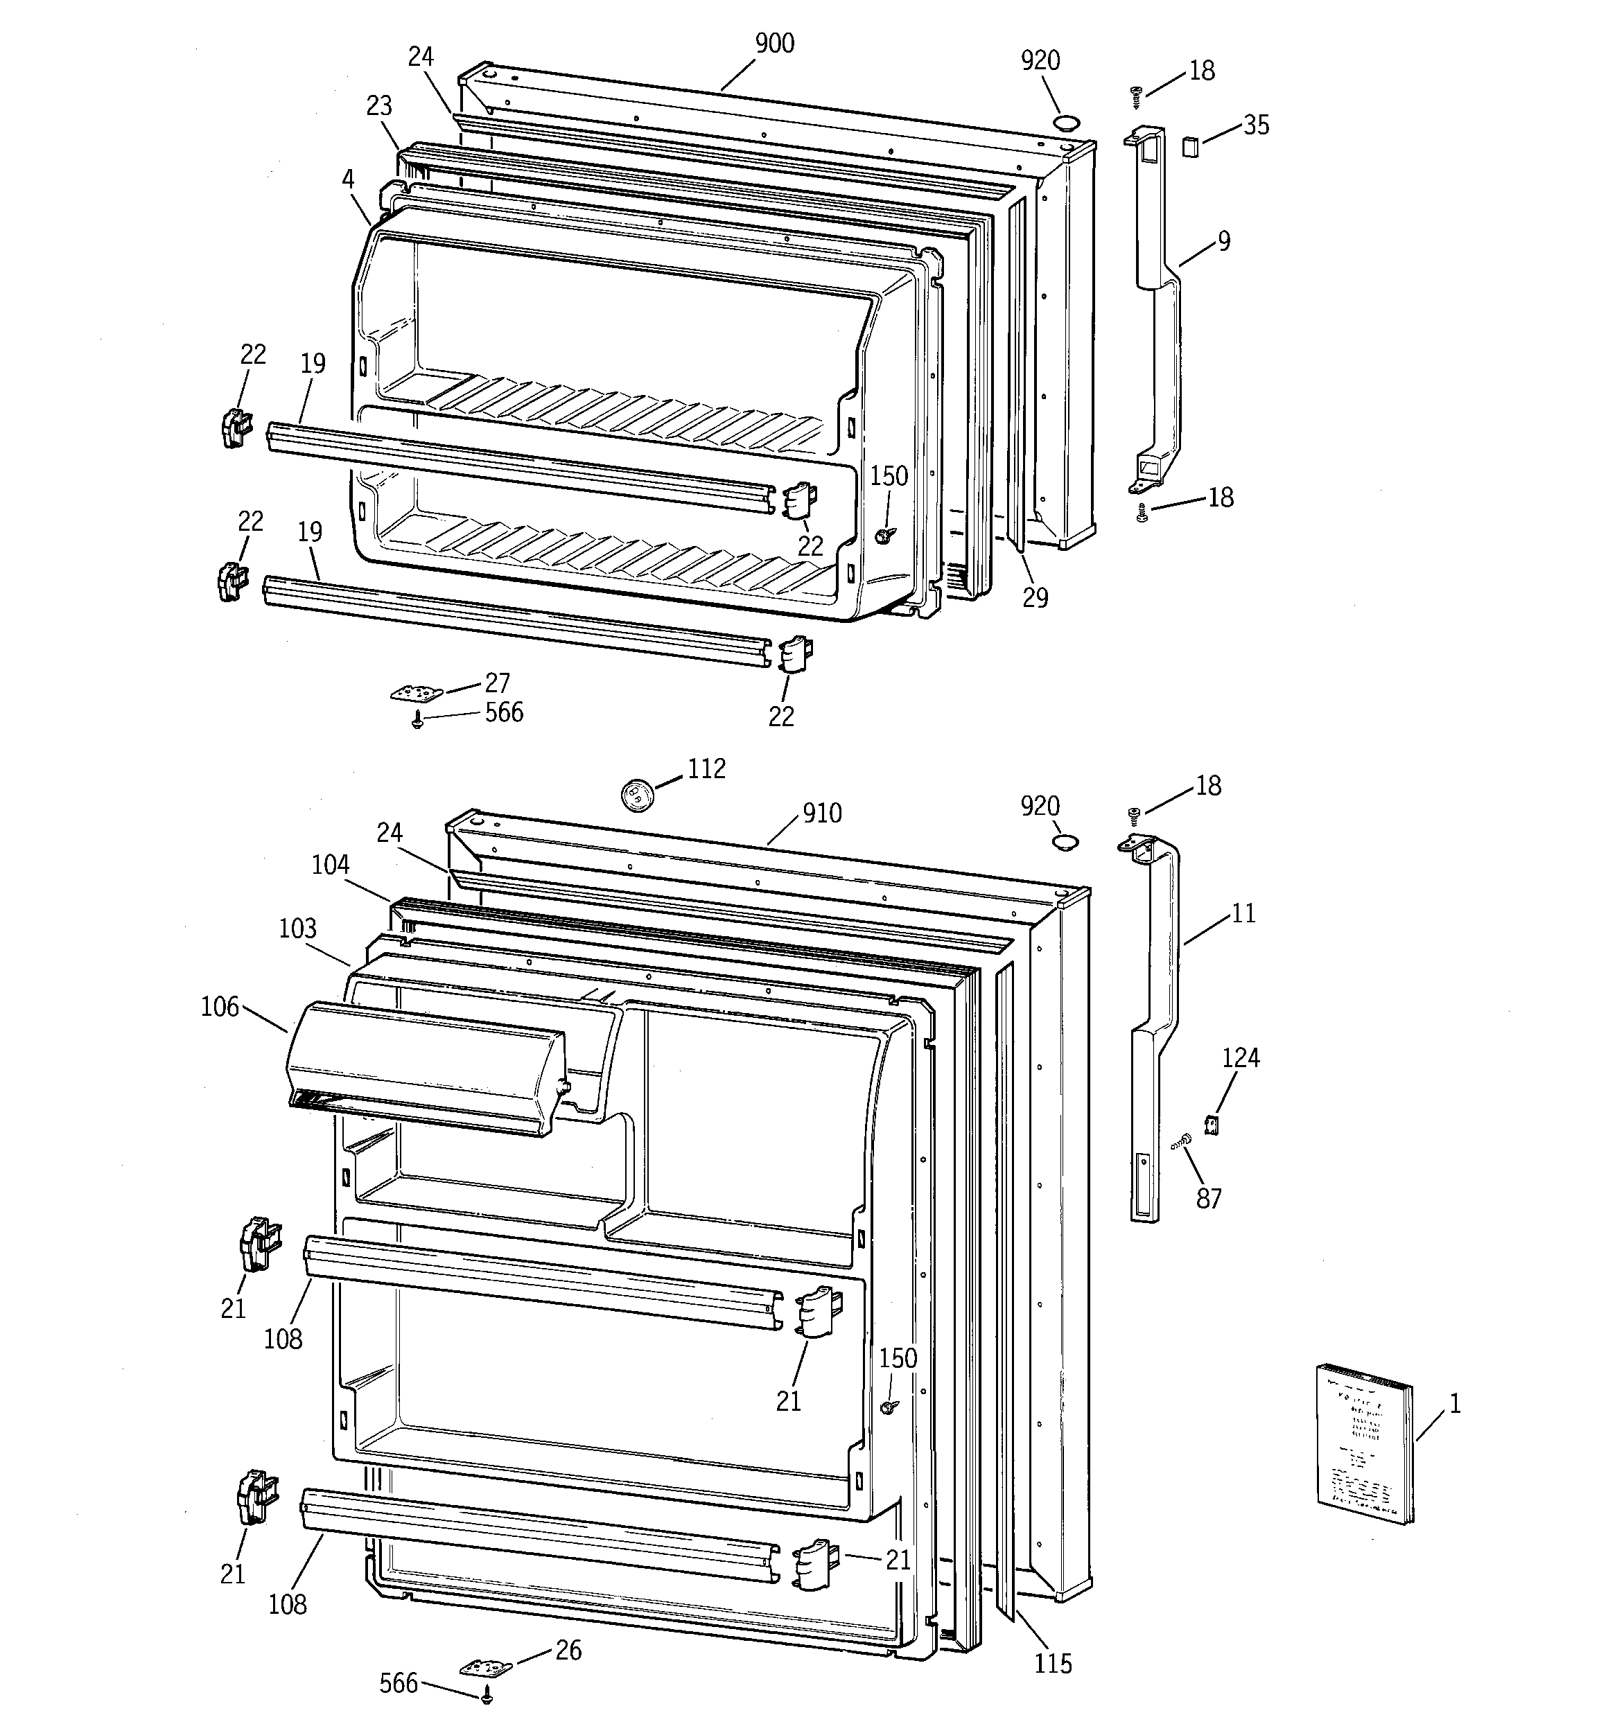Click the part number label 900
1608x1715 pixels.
pos(774,43)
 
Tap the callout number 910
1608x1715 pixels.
pos(822,813)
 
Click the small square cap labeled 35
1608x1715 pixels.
pos(1190,147)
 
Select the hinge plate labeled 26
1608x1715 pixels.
pos(484,1666)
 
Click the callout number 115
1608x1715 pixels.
pos(1053,1663)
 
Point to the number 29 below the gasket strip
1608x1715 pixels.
pos(1035,597)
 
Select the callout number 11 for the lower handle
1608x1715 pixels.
pos(1243,913)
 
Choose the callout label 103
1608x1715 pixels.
pos(298,929)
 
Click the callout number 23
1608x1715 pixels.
pos(379,105)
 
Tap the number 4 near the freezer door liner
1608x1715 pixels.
pos(348,179)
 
